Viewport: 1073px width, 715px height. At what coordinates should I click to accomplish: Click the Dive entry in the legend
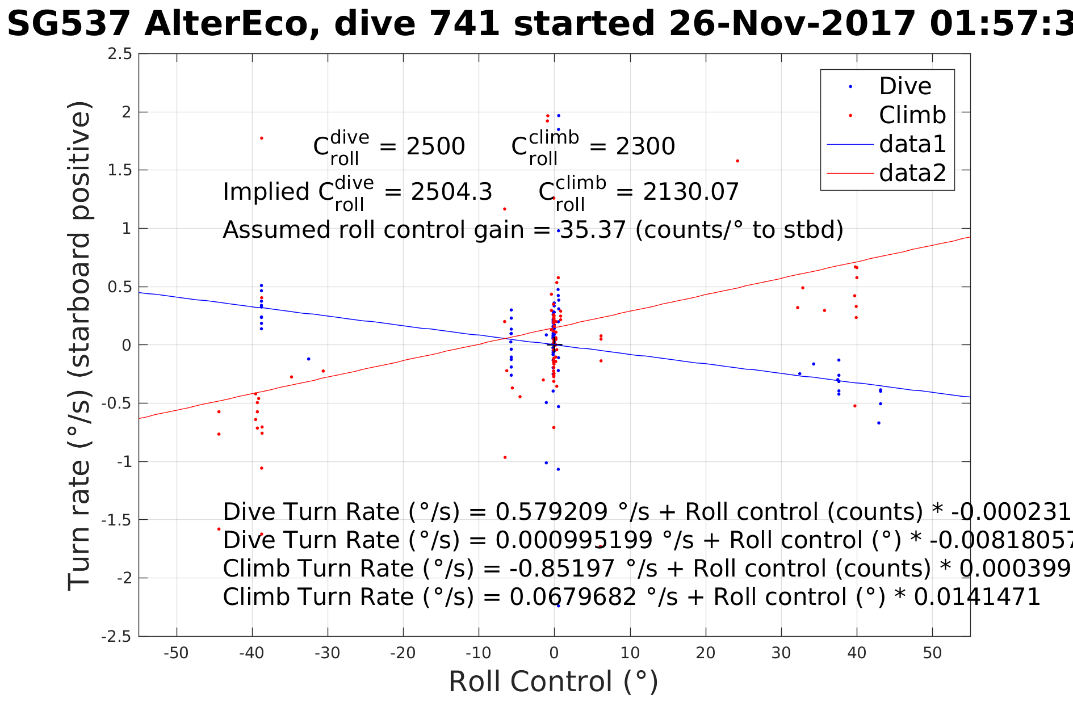905,86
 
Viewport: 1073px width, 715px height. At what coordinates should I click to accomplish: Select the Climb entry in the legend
912,115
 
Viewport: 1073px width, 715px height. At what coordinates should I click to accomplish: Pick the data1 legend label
912,144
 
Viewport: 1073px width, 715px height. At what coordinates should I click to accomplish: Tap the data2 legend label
912,173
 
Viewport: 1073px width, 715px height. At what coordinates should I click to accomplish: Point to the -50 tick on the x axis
176,653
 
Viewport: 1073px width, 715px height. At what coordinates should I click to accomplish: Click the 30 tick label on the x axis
781,653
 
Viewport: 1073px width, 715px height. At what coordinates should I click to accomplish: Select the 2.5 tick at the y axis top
120,54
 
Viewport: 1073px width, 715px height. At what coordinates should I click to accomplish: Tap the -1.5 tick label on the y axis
116,520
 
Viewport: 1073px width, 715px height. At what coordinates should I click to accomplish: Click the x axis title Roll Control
553,682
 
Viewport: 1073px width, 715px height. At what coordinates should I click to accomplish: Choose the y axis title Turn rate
79,346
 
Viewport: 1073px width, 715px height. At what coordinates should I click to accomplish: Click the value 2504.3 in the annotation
451,192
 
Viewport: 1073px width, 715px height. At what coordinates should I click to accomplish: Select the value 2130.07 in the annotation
690,192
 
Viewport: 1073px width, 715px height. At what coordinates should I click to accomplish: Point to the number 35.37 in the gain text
593,230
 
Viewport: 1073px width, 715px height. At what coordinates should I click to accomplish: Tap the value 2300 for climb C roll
646,146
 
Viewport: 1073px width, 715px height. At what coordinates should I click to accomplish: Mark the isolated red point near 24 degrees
737,161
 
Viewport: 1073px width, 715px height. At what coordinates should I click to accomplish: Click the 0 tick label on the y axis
126,345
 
